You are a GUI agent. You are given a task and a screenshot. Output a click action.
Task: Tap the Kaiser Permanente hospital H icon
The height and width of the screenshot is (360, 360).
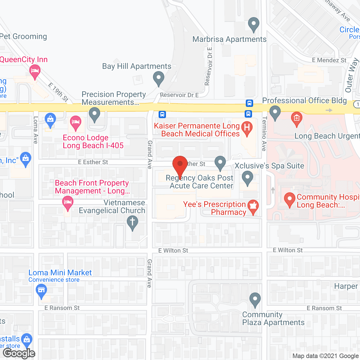(247, 128)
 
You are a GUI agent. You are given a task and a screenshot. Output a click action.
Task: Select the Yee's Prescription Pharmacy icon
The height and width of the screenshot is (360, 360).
(253, 206)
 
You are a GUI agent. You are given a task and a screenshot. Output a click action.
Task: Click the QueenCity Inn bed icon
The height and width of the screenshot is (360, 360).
(35, 71)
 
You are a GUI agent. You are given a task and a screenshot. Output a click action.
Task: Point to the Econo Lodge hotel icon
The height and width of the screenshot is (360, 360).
(75, 122)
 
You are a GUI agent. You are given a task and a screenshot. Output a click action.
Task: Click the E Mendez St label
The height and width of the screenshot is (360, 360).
(329, 60)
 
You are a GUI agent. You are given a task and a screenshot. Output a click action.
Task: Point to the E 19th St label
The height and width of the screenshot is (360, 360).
(58, 92)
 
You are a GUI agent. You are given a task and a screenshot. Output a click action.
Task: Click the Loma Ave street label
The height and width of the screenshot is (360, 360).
(36, 130)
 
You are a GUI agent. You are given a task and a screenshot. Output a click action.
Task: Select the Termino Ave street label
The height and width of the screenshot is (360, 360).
(264, 134)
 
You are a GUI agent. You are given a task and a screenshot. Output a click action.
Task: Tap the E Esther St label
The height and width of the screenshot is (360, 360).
(93, 162)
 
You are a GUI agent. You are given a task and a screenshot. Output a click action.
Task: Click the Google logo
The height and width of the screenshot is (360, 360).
(19, 353)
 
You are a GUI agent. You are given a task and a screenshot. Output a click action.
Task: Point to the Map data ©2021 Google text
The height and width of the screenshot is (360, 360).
(325, 356)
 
